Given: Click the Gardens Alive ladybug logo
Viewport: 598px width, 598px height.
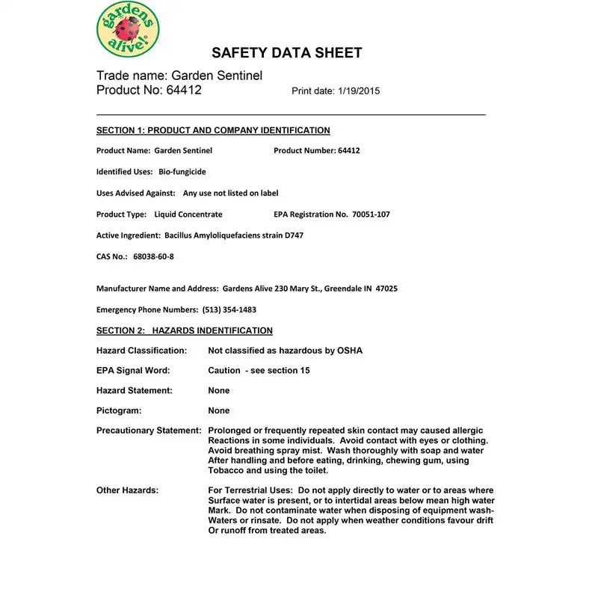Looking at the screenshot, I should pos(128,29).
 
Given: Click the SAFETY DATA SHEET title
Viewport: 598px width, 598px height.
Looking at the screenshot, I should pos(287,53).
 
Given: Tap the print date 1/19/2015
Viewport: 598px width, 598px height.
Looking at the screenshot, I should pos(355,91).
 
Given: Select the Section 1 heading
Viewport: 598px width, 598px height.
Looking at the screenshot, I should pos(213,131).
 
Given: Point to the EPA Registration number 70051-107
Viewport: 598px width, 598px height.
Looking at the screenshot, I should pos(371,215).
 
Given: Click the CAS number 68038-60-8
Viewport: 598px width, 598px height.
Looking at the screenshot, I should pos(153,257).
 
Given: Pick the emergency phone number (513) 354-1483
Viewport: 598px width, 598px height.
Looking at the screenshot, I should pos(229,309).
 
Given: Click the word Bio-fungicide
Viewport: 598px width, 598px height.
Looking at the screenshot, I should pos(182,172).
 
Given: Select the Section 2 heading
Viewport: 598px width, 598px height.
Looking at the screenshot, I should pos(185,331).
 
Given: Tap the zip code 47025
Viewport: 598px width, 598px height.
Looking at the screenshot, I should pos(386,289).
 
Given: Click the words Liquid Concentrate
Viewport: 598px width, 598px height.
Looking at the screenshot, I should pos(188,215).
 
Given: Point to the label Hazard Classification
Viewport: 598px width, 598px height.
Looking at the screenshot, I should pos(142,351).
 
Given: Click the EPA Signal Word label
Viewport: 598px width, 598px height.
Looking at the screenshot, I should pos(133,371).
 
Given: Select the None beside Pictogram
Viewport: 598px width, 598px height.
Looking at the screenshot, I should pos(219,411).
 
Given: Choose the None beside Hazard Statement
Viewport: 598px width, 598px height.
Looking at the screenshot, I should pos(219,391).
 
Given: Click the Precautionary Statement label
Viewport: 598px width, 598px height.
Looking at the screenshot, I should pos(149,431).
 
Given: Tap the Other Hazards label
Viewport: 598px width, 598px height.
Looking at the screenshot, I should pos(127,490).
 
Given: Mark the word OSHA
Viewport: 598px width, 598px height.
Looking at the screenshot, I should pos(348,351).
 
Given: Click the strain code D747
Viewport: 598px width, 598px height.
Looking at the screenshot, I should pos(292,235).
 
